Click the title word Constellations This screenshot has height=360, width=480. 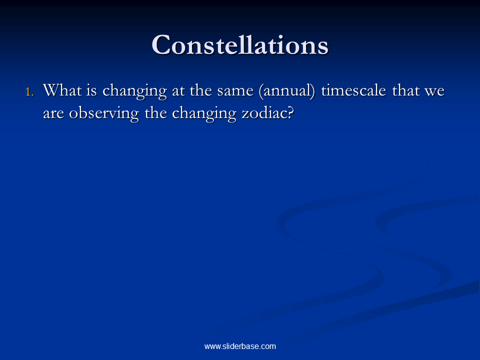point(240,45)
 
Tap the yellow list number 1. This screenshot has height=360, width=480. point(29,92)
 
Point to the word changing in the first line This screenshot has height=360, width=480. point(134,91)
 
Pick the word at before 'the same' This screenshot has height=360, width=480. point(178,91)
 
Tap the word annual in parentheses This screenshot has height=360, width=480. point(287,90)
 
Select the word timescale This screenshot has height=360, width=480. point(353,90)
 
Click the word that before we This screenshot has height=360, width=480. point(406,90)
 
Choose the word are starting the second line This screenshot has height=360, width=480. point(53,114)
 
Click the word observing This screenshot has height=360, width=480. point(104,114)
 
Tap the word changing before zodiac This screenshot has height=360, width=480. point(204,114)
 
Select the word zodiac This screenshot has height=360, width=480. point(264,113)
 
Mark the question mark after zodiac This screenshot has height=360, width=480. point(291,113)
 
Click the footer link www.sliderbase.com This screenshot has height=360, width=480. point(240,346)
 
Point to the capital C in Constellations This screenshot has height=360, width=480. point(161,45)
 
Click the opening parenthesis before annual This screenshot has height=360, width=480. point(261,91)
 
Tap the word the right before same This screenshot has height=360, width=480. point(201,90)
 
